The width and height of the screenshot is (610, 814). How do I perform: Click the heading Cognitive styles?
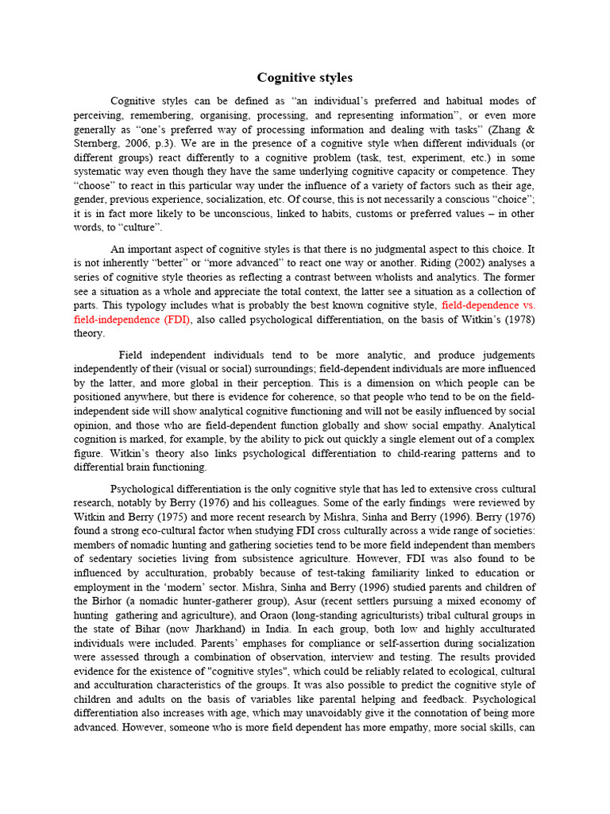click(x=304, y=78)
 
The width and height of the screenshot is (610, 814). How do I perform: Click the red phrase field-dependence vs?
click(x=488, y=304)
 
